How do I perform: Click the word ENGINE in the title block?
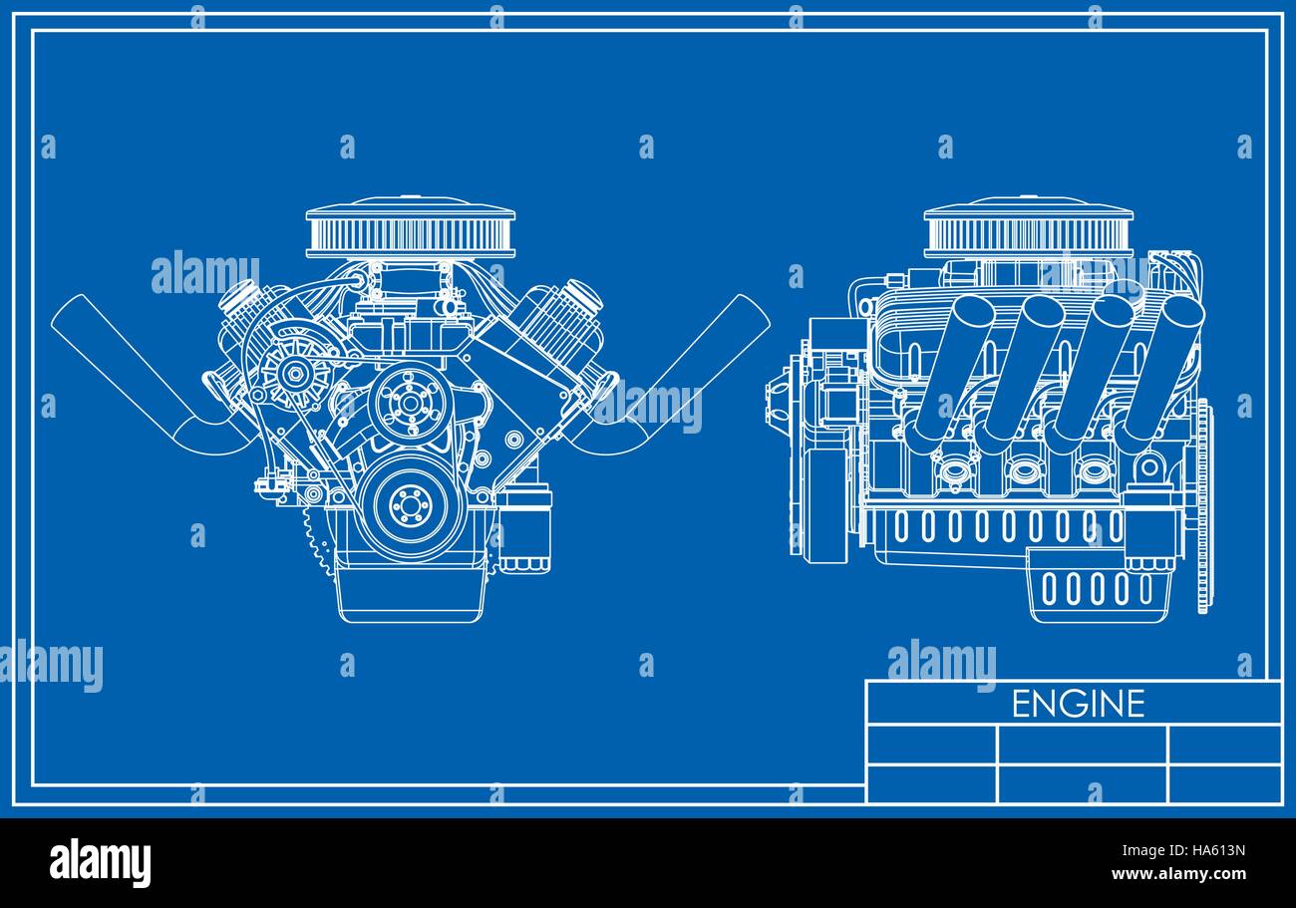tap(1078, 704)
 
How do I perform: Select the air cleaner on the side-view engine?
tap(1029, 231)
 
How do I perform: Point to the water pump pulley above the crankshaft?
tap(407, 402)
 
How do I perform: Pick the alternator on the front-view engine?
tap(295, 375)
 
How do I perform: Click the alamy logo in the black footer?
tap(100, 862)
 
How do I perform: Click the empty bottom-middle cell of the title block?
tap(1082, 783)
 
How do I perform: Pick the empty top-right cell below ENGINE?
tap(1224, 744)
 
